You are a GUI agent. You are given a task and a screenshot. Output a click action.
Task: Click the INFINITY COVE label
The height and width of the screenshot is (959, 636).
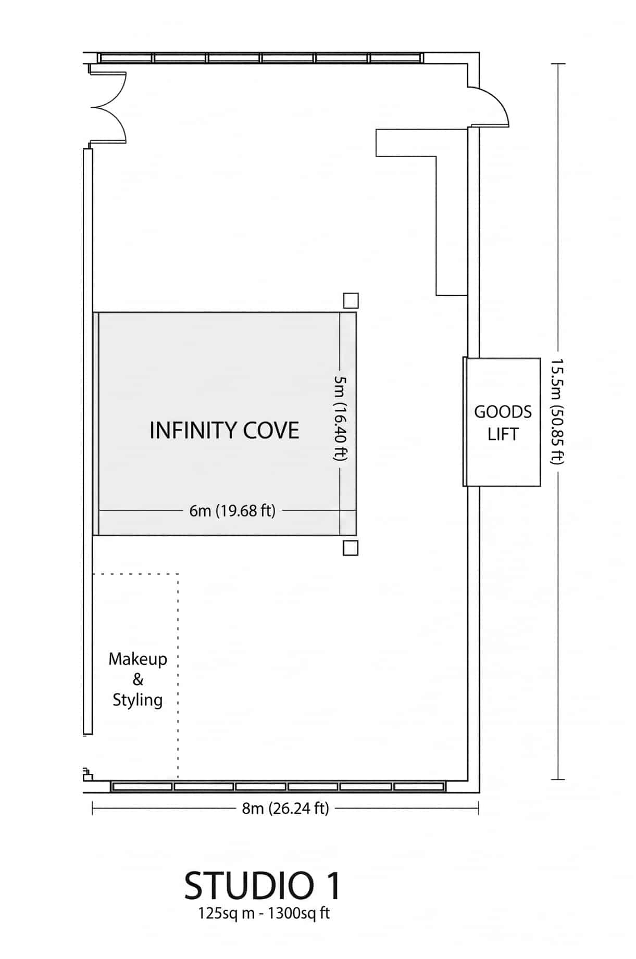coord(224,431)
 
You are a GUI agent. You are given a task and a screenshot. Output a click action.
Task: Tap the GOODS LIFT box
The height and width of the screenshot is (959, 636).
coord(502,422)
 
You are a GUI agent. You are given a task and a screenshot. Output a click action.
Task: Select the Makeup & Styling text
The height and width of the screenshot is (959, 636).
coord(138,679)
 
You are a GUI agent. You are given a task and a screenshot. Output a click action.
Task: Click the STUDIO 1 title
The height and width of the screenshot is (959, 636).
coord(262,886)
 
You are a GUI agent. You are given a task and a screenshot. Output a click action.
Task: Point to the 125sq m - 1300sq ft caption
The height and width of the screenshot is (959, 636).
coord(264,913)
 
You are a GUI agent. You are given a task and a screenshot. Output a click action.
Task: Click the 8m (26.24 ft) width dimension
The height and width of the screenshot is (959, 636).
coord(285,809)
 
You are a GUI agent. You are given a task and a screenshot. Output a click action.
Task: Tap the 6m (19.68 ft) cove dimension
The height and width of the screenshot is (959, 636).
coord(232,511)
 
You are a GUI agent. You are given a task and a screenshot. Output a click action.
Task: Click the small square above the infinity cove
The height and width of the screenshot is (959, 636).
coord(351,300)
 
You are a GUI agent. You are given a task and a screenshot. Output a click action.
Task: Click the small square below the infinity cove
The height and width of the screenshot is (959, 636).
coord(351,548)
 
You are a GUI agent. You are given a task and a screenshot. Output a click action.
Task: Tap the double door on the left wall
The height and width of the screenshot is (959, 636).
coord(109,107)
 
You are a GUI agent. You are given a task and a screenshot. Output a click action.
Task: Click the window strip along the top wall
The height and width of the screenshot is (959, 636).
coord(260,58)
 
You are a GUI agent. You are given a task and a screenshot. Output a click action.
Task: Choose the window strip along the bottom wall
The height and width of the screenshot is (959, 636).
coord(278,786)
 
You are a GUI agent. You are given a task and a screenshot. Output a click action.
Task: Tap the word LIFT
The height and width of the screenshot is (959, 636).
coord(503,434)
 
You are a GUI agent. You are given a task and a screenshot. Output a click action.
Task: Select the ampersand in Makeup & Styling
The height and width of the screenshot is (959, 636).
coord(138,679)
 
